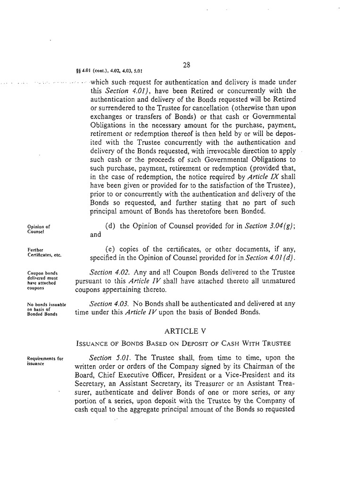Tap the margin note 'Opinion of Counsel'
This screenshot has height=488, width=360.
coord(39,229)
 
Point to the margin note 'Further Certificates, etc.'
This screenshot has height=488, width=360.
coord(45,252)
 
